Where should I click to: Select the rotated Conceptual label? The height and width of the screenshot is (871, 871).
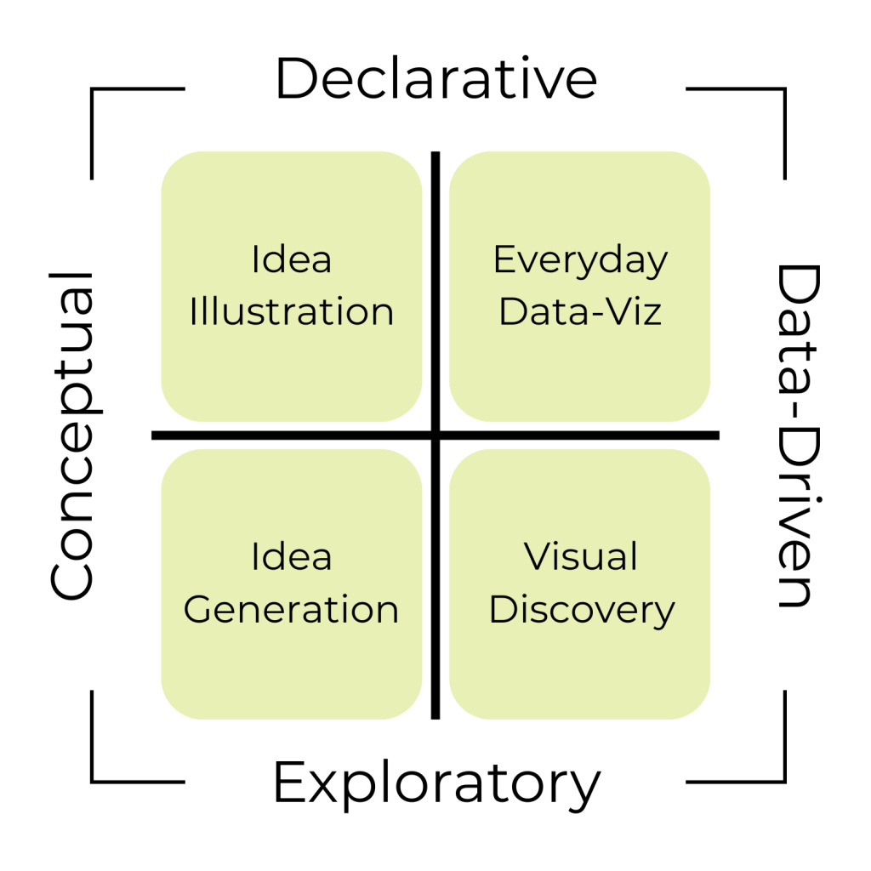[71, 435]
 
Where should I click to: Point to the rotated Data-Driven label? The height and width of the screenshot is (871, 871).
[798, 435]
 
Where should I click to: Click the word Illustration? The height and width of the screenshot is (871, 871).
[292, 312]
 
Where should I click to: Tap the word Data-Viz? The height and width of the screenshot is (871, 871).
[580, 312]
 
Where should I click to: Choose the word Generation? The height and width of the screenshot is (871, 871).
[292, 610]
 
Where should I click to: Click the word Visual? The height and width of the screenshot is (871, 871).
[580, 557]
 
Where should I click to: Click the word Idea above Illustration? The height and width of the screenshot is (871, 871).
[292, 259]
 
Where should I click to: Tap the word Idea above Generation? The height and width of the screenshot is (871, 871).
[292, 557]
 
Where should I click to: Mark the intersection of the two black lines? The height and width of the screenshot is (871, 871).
[435, 435]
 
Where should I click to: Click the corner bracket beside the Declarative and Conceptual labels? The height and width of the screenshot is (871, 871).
[93, 89]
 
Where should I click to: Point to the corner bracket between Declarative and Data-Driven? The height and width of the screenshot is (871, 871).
[783, 89]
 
